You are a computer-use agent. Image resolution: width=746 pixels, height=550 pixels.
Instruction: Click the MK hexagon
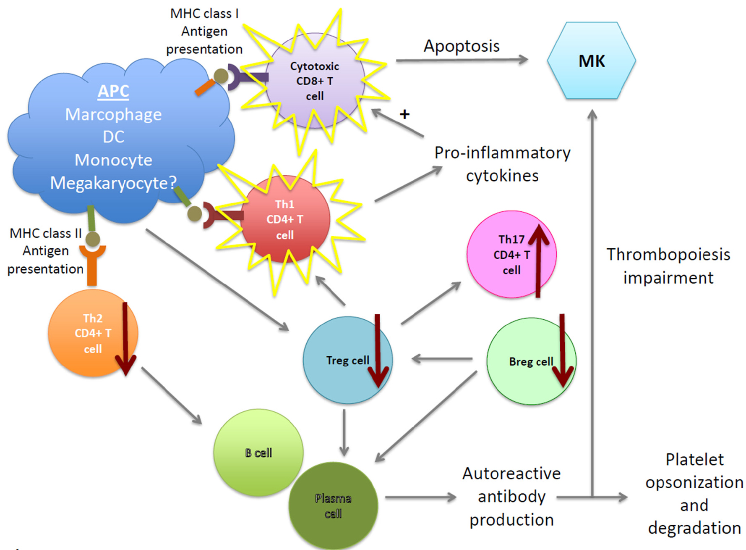[x=591, y=61]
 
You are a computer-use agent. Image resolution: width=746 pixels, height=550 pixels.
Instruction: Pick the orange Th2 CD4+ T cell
[x=92, y=333]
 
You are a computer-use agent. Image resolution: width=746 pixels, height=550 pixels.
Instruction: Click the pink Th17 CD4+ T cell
[x=511, y=255]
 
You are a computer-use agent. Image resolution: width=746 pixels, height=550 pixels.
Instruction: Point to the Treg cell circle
[x=347, y=360]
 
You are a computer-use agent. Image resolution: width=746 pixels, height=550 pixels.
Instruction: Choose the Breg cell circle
[x=531, y=361]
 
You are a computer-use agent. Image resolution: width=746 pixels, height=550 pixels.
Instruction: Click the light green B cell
[x=258, y=453]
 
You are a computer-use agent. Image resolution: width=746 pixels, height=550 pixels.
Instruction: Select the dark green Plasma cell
[x=333, y=505]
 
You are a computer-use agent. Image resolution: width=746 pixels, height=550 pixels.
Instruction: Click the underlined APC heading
[x=113, y=91]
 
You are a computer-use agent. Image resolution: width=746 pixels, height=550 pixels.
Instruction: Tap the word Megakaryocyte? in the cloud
[x=113, y=183]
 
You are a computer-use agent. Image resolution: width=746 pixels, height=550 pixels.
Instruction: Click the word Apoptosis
[x=462, y=46]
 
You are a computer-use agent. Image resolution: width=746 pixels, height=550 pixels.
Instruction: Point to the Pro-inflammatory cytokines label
[x=502, y=164]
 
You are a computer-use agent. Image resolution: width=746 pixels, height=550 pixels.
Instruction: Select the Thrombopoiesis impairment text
[x=668, y=266]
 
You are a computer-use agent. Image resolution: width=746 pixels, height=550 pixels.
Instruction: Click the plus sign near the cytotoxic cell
[x=404, y=114]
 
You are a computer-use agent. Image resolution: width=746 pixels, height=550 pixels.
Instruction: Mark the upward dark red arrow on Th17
[x=538, y=261]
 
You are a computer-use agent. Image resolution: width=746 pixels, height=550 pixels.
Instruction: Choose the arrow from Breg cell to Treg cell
[x=442, y=359]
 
